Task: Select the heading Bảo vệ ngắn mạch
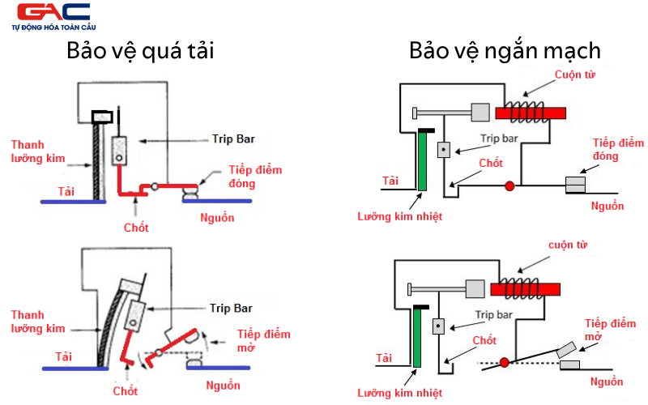pos(505,52)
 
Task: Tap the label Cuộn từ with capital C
pos(577,75)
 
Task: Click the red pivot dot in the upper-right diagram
pos(509,186)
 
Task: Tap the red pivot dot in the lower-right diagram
pos(505,361)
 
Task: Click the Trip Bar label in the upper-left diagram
pos(233,139)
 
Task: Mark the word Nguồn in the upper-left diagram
pos(218,217)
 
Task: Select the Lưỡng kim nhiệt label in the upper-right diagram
pos(400,216)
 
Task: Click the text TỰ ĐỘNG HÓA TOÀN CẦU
pos(51,28)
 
